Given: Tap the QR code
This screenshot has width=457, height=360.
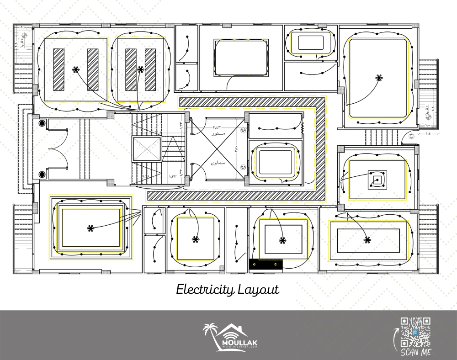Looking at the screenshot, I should [415, 332].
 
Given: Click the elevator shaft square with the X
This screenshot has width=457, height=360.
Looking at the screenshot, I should [146, 149].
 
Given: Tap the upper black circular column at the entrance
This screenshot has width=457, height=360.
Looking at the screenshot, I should [42, 123].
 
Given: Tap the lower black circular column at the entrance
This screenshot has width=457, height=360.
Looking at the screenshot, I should [42, 174].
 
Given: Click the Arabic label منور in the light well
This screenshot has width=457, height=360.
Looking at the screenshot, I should [214, 136].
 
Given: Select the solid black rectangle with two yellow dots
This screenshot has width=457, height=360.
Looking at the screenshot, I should [266, 264].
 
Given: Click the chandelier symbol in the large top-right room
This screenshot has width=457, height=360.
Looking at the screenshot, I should [378, 78].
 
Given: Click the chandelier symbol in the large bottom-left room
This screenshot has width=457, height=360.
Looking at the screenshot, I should [90, 228].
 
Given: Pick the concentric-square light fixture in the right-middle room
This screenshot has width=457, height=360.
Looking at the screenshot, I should [377, 180].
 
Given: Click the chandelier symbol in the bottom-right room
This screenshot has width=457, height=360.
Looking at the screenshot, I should [367, 239].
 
